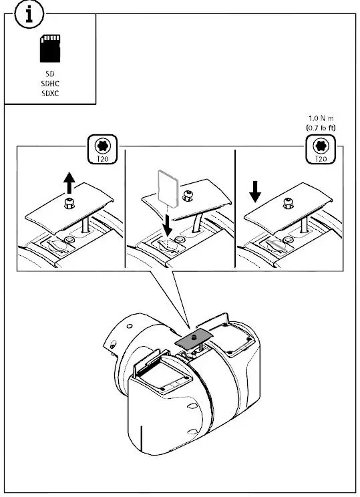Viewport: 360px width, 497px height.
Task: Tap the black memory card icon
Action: [x=50, y=49]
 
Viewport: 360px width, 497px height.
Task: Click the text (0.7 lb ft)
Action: [x=321, y=126]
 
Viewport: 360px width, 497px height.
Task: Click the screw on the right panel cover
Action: [x=288, y=202]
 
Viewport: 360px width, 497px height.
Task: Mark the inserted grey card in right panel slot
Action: [x=277, y=245]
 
